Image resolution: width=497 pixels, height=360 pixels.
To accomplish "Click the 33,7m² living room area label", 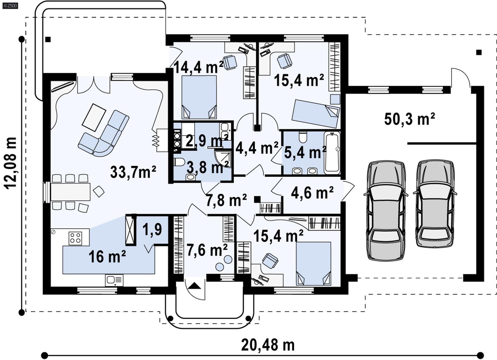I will [x=133, y=172].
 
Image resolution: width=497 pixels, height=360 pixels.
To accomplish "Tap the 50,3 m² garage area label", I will [x=409, y=119].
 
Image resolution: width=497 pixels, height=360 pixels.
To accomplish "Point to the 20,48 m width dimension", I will [x=267, y=345].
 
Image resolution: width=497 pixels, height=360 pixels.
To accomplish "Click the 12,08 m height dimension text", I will [x=10, y=163].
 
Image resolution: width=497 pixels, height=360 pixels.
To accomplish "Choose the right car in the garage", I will [x=435, y=203].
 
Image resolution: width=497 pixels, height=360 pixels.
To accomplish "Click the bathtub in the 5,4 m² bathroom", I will [x=332, y=152].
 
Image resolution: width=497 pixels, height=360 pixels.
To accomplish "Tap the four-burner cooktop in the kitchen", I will [x=75, y=238].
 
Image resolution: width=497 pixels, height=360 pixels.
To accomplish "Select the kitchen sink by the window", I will [x=114, y=280].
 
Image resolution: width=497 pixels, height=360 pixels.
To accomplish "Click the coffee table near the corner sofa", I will [x=94, y=117].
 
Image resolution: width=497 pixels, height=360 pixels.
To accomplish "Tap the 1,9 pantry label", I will [x=152, y=229].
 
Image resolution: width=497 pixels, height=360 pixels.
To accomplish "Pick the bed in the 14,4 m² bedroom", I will [x=199, y=97].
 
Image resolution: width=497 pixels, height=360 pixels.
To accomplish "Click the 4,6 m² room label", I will [x=312, y=193].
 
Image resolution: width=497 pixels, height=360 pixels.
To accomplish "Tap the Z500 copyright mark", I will [x=10, y=5].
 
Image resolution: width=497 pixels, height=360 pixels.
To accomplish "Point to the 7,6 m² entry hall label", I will [x=207, y=250].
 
